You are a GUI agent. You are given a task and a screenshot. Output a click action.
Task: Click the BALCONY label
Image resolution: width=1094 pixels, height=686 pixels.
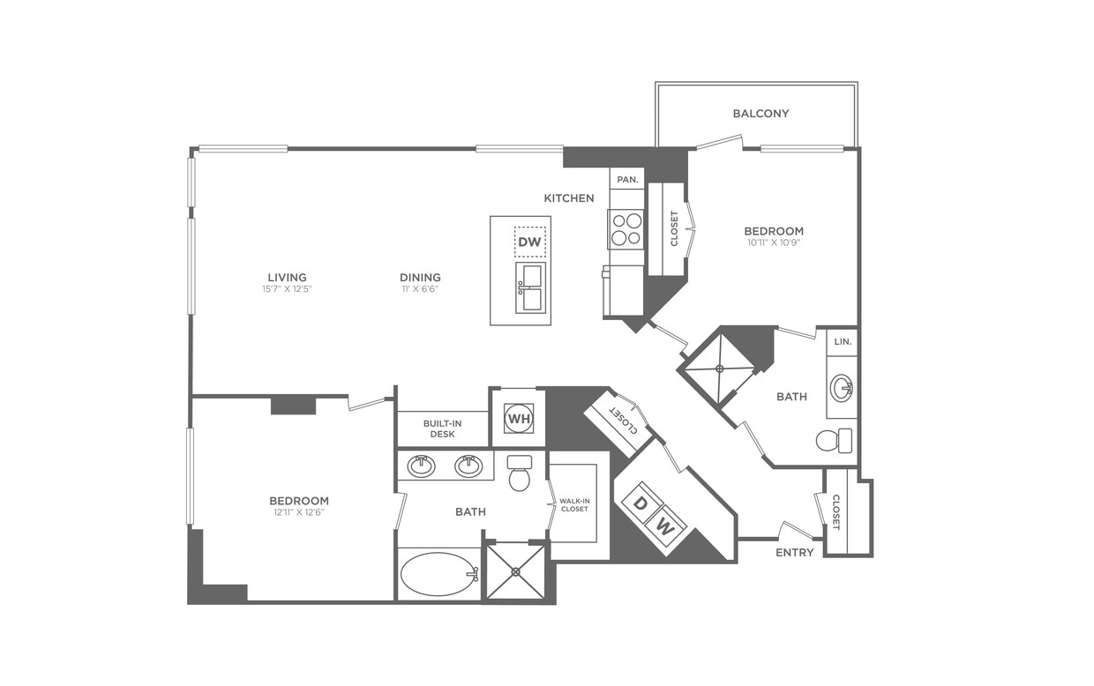pos(761,114)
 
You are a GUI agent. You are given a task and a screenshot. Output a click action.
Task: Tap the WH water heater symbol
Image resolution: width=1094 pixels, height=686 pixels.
pos(519,419)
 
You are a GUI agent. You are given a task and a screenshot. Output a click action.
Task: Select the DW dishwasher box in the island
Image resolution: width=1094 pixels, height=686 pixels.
pos(530,242)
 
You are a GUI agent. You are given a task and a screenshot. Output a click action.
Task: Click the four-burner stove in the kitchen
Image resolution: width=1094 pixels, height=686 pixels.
pos(626,229)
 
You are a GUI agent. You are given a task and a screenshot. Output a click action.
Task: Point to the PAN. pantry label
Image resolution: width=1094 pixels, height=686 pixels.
pos(627,180)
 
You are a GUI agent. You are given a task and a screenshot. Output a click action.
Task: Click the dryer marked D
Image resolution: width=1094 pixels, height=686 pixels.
pos(641,503)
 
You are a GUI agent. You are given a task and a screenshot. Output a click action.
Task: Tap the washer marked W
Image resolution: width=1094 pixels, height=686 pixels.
pos(664,528)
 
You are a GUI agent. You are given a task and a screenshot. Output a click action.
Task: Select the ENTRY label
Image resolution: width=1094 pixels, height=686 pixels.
pos(795,553)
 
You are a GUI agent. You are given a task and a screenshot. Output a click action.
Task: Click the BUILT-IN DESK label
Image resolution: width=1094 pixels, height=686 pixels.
pos(442,429)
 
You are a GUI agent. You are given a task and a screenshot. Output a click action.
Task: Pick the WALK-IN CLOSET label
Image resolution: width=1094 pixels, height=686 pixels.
pos(573,504)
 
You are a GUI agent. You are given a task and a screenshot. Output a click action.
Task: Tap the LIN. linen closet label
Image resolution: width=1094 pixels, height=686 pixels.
pos(842,341)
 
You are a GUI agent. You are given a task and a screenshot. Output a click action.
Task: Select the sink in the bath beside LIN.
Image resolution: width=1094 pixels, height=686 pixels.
pos(842,387)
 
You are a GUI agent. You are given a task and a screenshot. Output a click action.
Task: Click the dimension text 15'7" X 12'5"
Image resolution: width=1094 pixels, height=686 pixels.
pos(288,289)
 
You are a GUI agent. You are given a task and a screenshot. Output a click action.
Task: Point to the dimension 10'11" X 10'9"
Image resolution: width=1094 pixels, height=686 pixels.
pos(774,242)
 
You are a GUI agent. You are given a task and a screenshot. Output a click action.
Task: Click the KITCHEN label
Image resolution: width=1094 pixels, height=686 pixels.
pos(569,198)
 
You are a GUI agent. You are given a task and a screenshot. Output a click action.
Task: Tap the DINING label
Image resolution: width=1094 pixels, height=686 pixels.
pos(420,278)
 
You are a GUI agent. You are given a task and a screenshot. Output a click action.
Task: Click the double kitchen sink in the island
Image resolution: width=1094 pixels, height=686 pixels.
pos(531,287)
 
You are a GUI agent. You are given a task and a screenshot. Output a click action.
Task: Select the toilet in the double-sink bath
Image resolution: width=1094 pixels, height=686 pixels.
pos(521,474)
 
